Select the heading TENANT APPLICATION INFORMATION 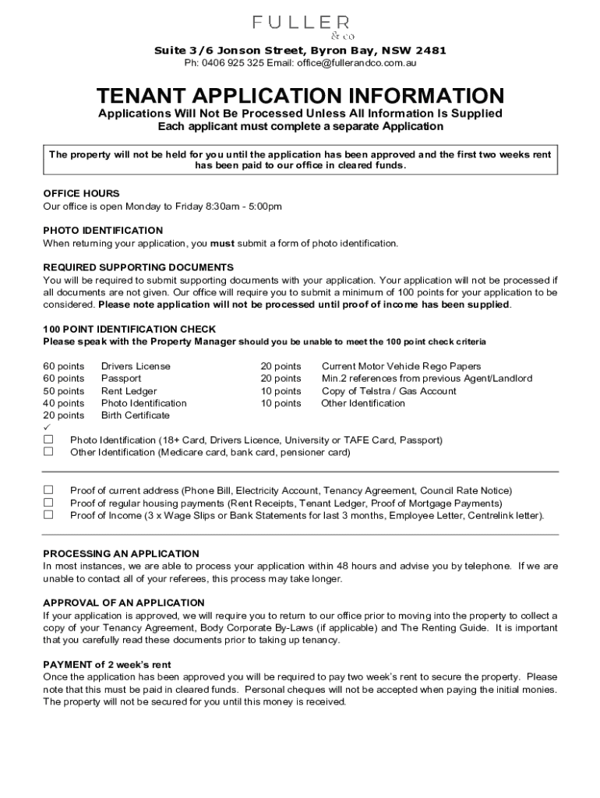pyautogui.click(x=300, y=96)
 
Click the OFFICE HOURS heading pyautogui.click(x=81, y=193)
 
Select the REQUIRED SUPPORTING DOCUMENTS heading pyautogui.click(x=138, y=267)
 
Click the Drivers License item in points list pyautogui.click(x=136, y=366)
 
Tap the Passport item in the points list pyautogui.click(x=121, y=379)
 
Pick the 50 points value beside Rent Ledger pyautogui.click(x=63, y=391)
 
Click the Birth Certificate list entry pyautogui.click(x=136, y=415)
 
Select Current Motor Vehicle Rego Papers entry pyautogui.click(x=401, y=366)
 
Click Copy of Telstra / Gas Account pyautogui.click(x=389, y=391)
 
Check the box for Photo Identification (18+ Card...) pyautogui.click(x=48, y=440)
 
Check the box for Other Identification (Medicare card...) pyautogui.click(x=48, y=451)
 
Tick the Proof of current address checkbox pyautogui.click(x=48, y=490)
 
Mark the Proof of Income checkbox pyautogui.click(x=48, y=514)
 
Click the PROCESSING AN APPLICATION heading pyautogui.click(x=121, y=554)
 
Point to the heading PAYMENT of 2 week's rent pyautogui.click(x=107, y=665)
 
